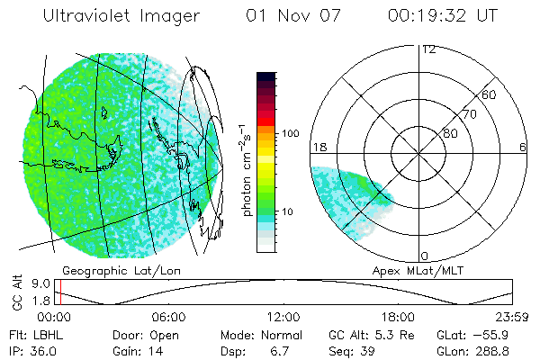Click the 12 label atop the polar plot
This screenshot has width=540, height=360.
(x=428, y=49)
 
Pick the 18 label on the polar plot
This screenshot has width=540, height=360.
(x=318, y=147)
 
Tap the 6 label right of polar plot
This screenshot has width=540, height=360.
(x=523, y=147)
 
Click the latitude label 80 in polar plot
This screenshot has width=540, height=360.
(x=450, y=133)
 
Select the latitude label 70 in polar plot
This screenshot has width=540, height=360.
(x=469, y=114)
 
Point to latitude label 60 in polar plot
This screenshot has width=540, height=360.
(x=490, y=94)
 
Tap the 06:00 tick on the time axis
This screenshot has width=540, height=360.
(x=169, y=317)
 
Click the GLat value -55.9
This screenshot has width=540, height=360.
(x=509, y=334)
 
